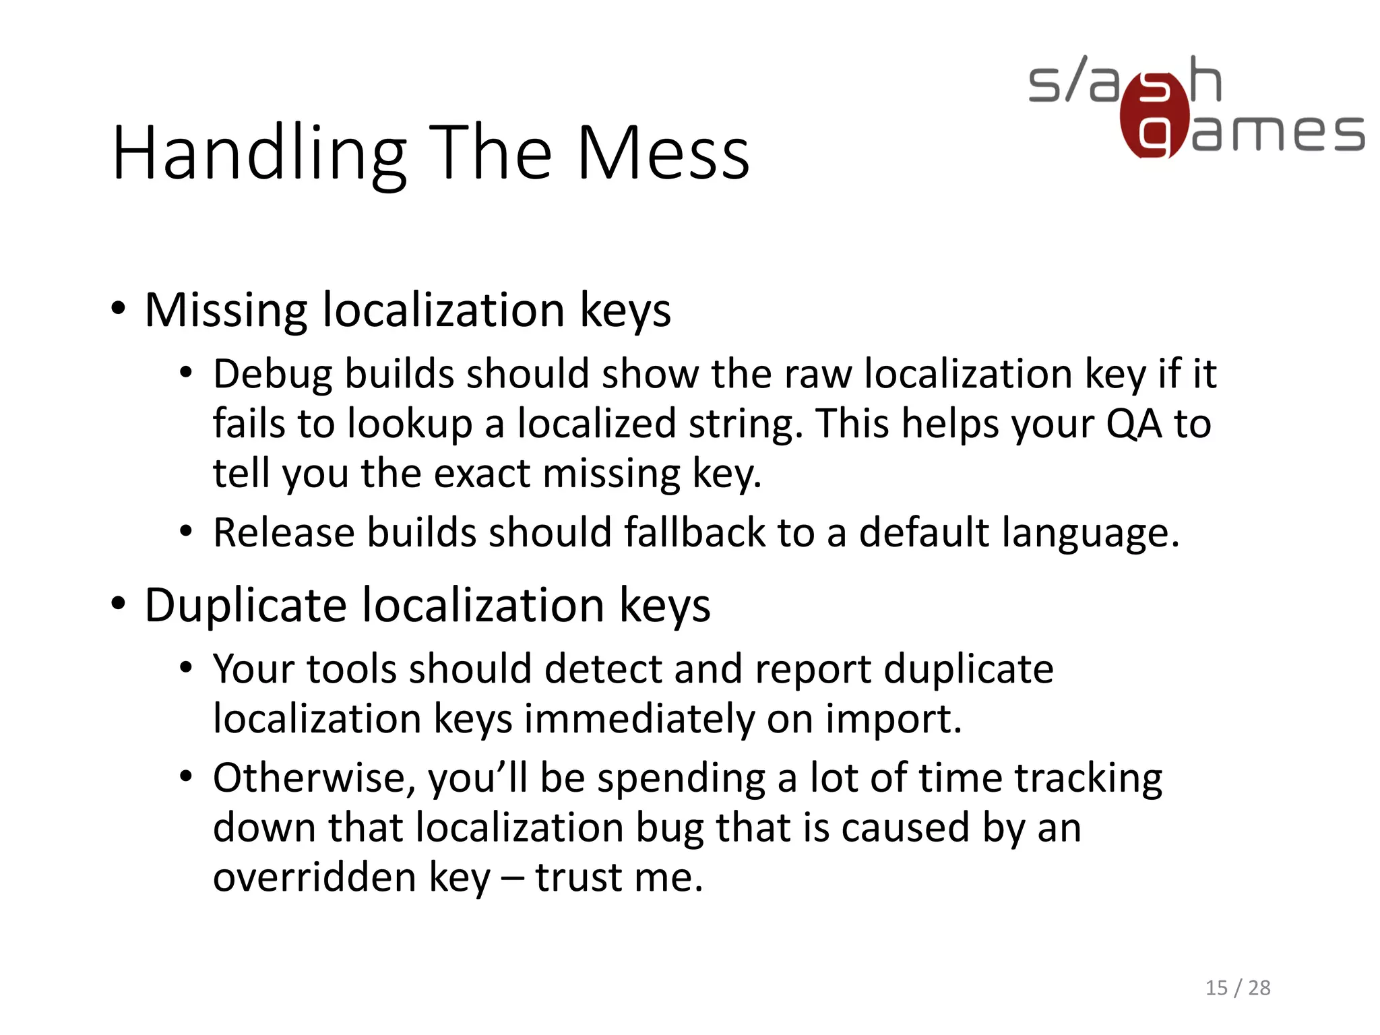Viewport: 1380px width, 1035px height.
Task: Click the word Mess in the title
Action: (663, 154)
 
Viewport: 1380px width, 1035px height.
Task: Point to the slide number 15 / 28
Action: (1237, 987)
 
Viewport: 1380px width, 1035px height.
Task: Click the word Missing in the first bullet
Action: (226, 311)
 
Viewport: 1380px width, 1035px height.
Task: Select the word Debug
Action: (272, 375)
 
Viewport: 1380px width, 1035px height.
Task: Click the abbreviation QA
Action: (1134, 424)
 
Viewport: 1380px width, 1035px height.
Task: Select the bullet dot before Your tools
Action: (186, 668)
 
